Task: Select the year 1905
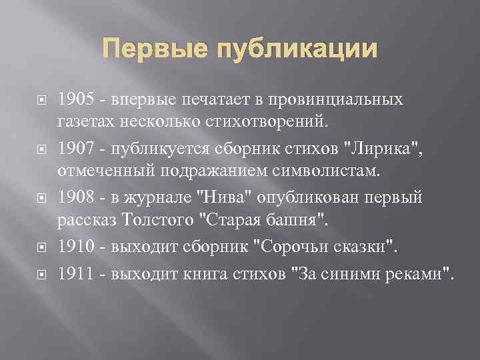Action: click(75, 100)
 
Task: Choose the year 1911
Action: click(74, 273)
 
